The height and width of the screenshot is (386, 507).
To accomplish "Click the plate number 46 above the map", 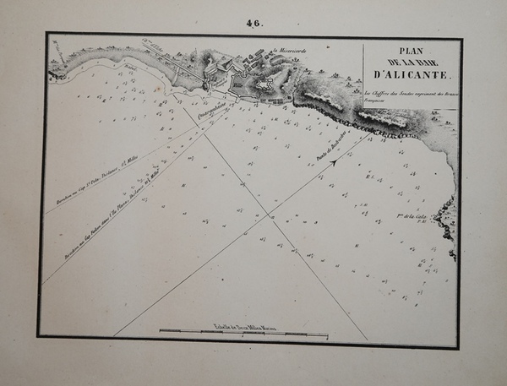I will [254, 24].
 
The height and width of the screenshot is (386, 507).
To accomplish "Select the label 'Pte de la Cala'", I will [417, 218].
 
